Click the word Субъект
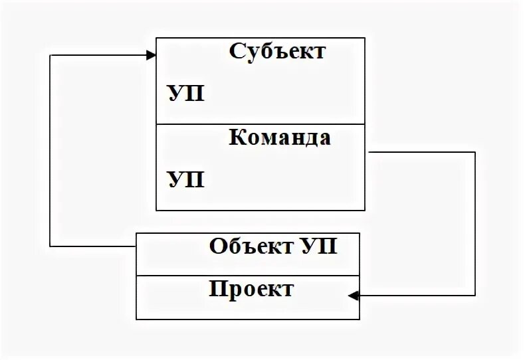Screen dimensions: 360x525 pos(278,51)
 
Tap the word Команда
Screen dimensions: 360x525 pos(280,138)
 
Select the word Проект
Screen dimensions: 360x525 pos(251,290)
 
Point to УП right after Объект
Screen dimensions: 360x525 pos(318,246)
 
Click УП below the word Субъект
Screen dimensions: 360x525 pos(185,94)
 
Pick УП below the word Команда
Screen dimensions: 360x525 pos(185,179)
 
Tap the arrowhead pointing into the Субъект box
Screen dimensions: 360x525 pos(151,54)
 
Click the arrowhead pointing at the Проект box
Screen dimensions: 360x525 pos(354,295)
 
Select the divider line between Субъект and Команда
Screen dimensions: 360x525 pos(261,124)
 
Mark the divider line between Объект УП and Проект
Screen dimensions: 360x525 pos(248,276)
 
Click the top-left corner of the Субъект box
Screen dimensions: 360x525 pos(156,38)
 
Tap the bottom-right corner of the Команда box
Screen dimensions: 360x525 pos(365,210)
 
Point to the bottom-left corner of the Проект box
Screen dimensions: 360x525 pos(136,319)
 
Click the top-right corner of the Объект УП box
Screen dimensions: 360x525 pos(360,233)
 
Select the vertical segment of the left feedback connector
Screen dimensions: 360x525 pos(51,150)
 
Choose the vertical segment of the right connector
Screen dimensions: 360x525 pos(475,223)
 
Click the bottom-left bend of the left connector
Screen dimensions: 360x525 pos(51,246)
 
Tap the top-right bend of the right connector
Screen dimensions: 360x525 pos(475,152)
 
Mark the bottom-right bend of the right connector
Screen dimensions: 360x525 pos(475,295)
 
